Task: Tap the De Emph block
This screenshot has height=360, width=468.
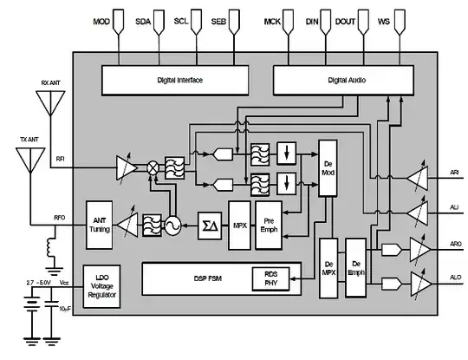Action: [x=355, y=262]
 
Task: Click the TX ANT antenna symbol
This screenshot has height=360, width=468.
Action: [x=30, y=160]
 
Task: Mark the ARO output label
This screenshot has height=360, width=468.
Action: [x=455, y=245]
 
